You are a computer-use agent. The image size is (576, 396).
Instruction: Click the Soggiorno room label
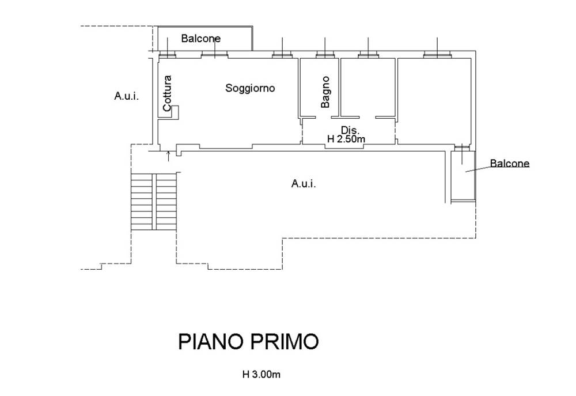[x=250, y=88]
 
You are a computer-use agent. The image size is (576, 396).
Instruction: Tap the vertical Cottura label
[x=167, y=93]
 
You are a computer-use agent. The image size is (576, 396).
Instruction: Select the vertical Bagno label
[x=325, y=92]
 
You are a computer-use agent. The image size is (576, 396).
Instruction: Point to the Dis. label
[x=350, y=129]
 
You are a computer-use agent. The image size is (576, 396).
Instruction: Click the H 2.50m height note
[x=347, y=139]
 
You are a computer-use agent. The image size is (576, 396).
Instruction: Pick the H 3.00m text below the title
[x=261, y=374]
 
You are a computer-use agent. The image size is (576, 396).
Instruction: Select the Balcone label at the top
[x=201, y=39]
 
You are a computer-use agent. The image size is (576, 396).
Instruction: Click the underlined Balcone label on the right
[x=510, y=164]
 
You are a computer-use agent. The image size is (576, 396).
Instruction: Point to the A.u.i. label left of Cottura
[x=126, y=96]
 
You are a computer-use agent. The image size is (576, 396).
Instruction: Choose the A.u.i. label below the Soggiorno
[x=304, y=184]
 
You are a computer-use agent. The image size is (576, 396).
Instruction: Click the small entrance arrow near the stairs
[x=168, y=154]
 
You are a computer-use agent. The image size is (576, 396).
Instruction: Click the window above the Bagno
[x=324, y=55]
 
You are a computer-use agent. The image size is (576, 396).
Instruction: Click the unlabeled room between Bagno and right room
[x=367, y=86]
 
